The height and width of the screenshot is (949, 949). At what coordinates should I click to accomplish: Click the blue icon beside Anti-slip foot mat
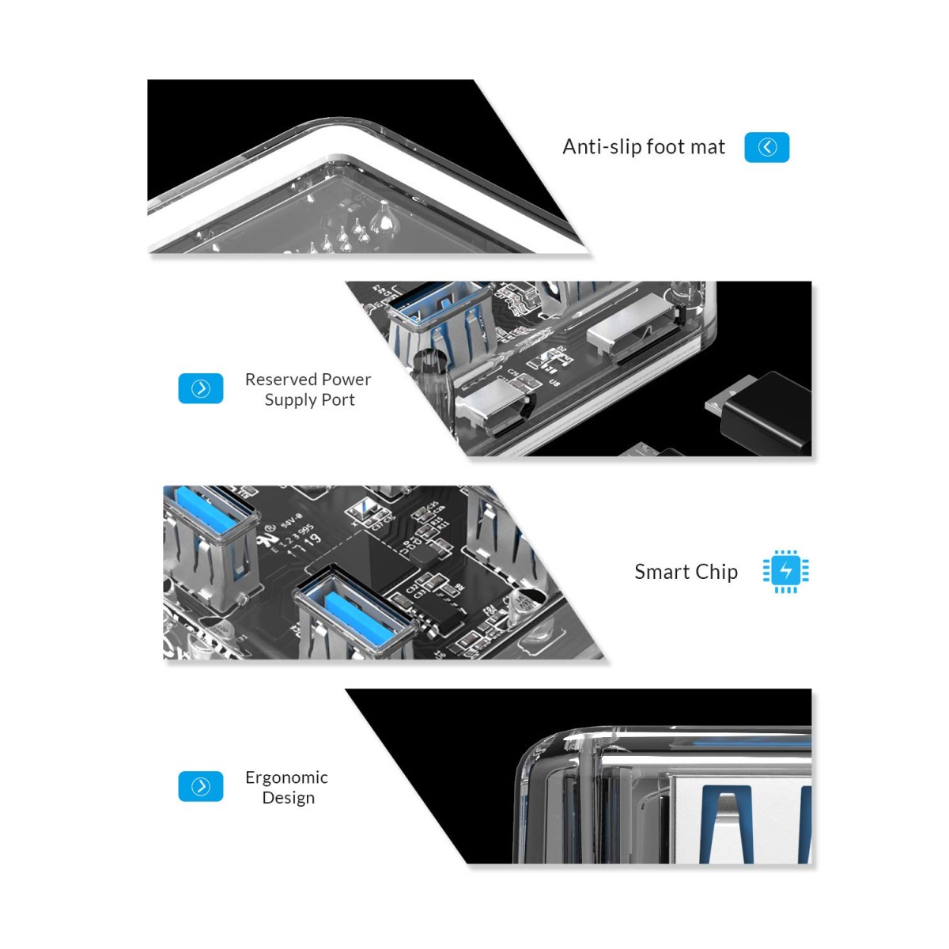click(x=766, y=147)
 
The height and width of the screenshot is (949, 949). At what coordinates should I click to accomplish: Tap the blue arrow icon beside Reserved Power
click(x=201, y=388)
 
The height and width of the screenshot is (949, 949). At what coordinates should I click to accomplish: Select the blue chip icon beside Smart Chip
click(x=785, y=571)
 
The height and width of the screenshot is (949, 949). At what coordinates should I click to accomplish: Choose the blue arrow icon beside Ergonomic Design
click(x=201, y=786)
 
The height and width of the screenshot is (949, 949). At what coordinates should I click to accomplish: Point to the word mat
click(x=708, y=147)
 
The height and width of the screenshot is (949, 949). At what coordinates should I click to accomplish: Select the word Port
click(x=338, y=400)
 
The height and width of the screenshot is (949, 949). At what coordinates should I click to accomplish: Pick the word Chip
click(x=716, y=572)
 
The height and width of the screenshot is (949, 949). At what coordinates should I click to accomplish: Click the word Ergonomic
click(x=286, y=777)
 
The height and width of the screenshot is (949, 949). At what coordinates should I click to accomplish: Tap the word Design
click(x=288, y=798)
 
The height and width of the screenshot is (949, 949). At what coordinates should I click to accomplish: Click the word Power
click(x=345, y=380)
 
